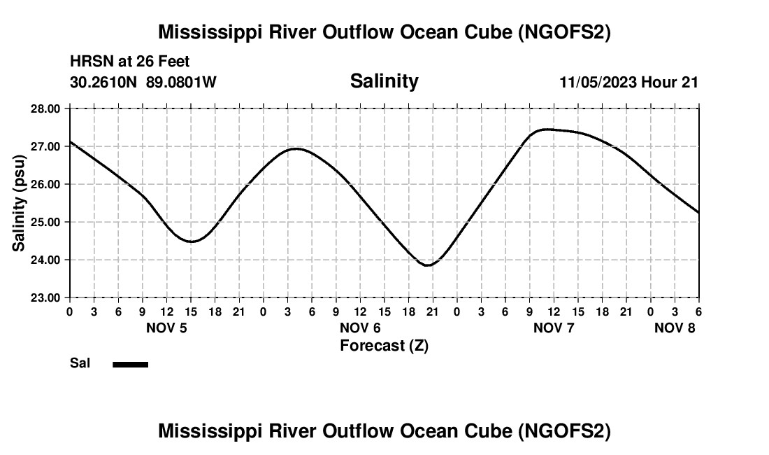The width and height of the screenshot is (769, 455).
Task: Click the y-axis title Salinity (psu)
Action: click(x=20, y=203)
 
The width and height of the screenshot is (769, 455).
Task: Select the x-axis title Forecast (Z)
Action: click(x=384, y=346)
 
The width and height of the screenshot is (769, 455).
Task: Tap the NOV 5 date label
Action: click(x=166, y=328)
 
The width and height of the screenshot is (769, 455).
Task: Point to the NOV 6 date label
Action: click(x=360, y=328)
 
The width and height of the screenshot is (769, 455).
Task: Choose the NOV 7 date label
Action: click(x=554, y=328)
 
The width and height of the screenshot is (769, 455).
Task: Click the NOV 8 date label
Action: click(x=675, y=328)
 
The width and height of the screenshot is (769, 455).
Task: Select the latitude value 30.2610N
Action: click(x=104, y=82)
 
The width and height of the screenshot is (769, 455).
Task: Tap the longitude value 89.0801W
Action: click(x=181, y=82)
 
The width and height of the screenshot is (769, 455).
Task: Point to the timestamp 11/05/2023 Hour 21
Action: click(x=628, y=82)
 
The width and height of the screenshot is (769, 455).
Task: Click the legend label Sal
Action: click(x=80, y=363)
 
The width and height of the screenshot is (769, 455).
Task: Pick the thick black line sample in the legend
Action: click(x=130, y=364)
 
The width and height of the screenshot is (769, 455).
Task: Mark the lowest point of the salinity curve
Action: click(x=427, y=265)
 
